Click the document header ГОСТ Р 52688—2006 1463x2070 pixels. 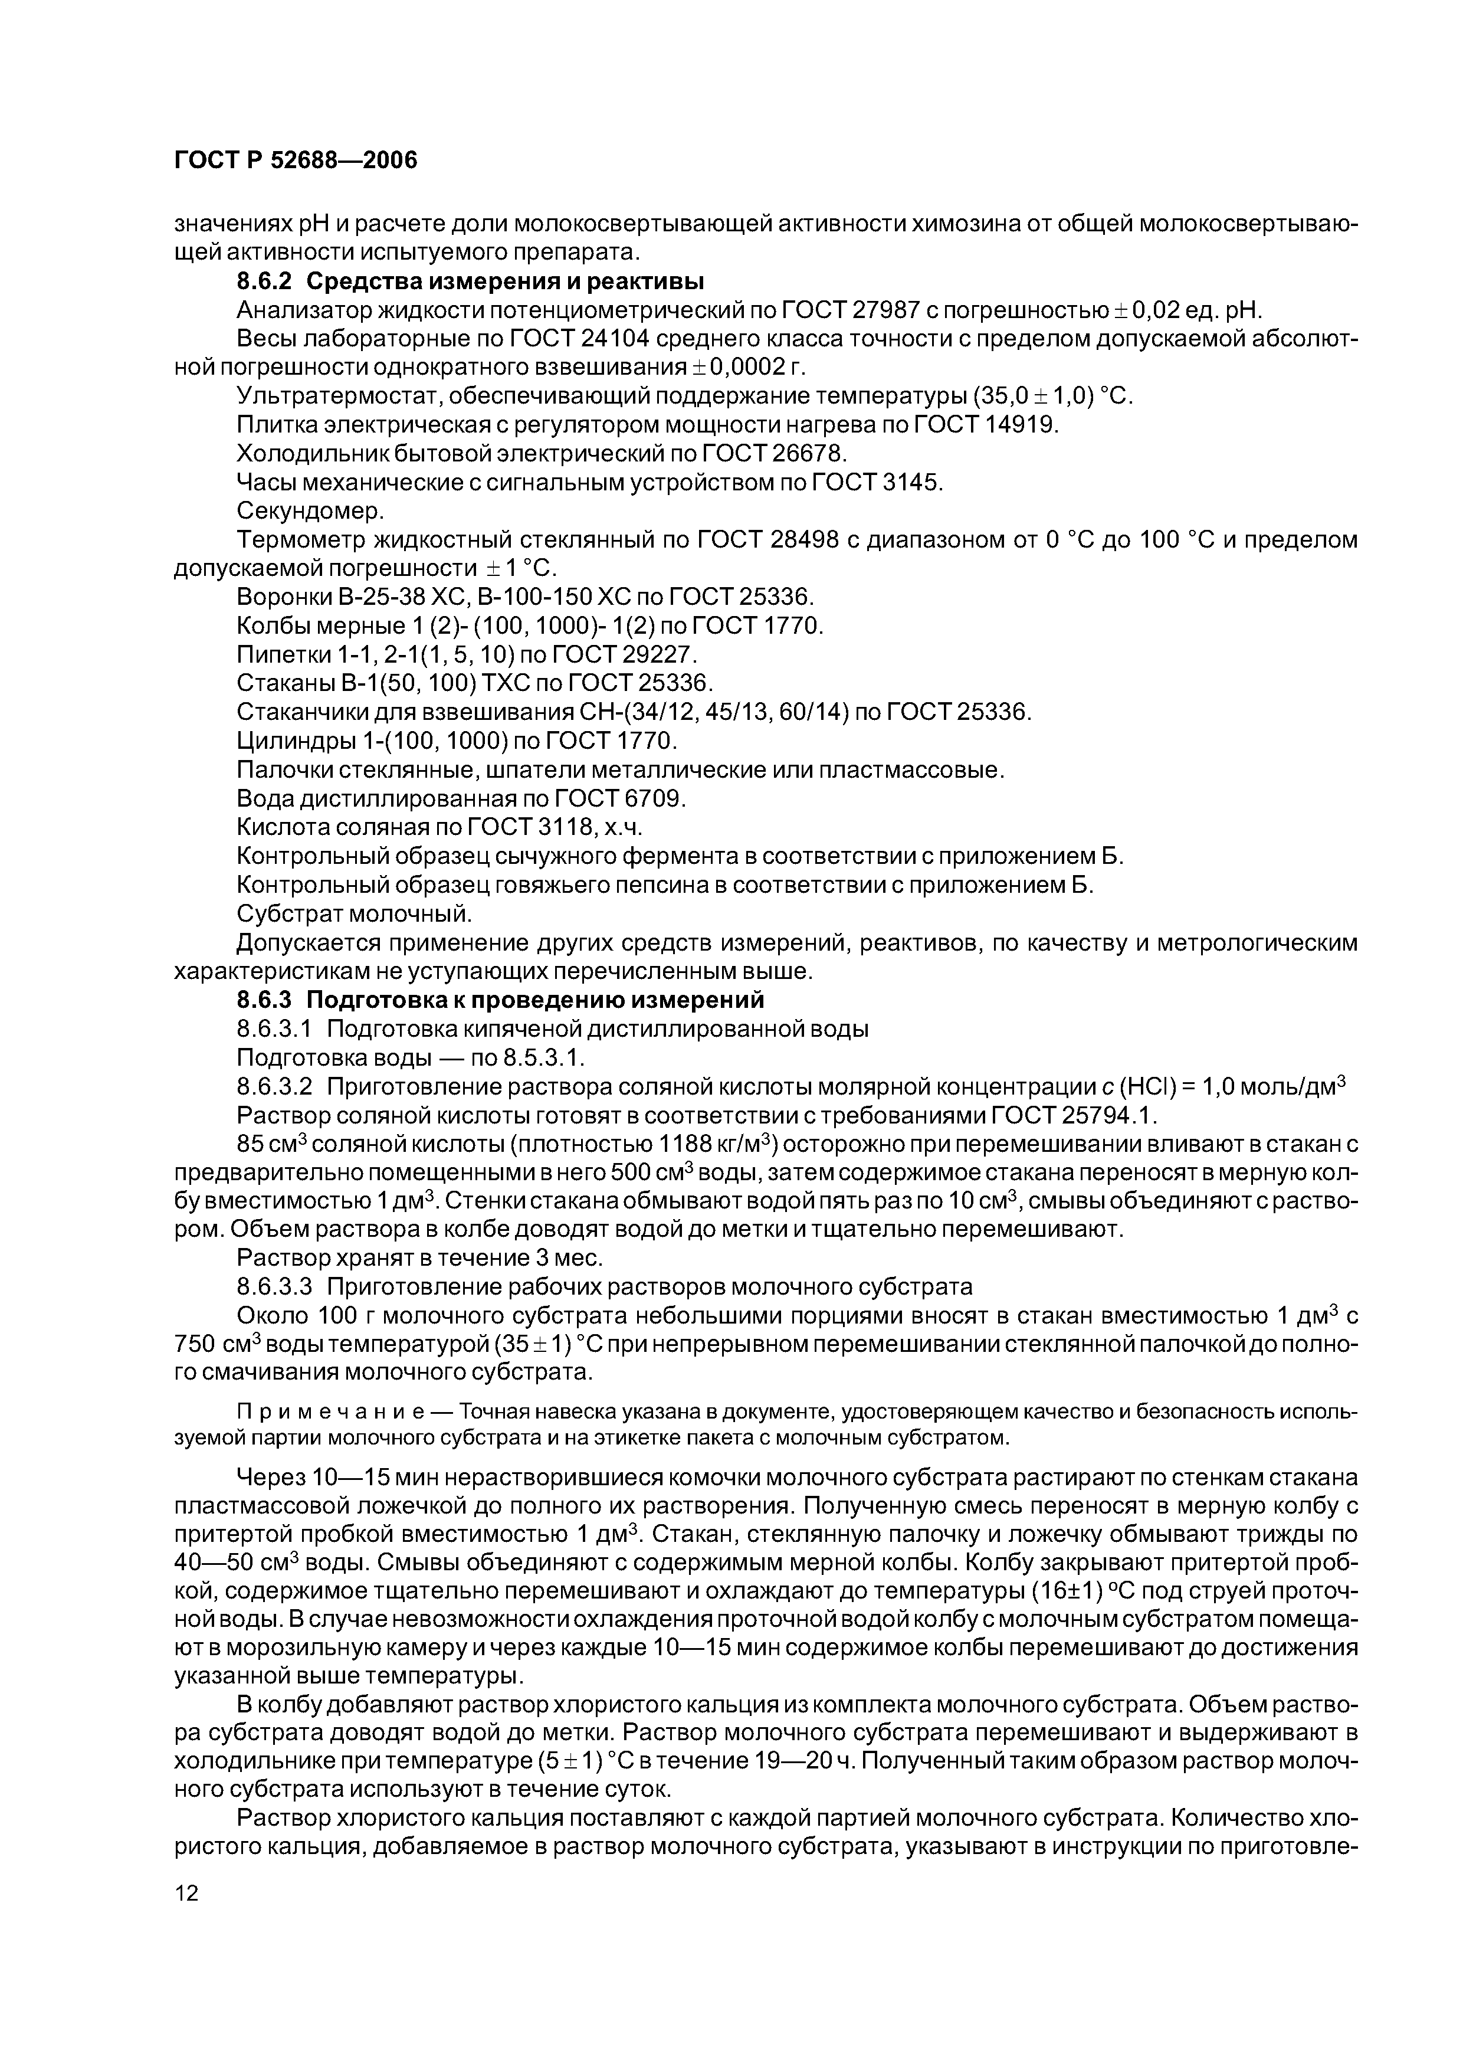pos(296,161)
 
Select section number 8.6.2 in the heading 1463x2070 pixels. pos(264,282)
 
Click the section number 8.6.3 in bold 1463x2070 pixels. pos(264,1000)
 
